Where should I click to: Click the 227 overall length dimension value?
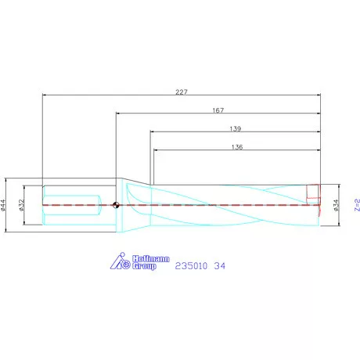tap(182, 92)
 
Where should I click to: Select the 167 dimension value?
tap(218, 110)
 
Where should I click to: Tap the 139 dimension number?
tap(236, 129)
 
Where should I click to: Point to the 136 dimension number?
tap(237, 147)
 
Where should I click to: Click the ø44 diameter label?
tap(3, 205)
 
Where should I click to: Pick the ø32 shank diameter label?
tap(21, 205)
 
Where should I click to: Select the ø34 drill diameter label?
tap(336, 205)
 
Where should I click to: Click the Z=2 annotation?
tap(357, 205)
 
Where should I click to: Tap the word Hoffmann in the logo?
tap(151, 259)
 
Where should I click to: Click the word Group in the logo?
tap(144, 266)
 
